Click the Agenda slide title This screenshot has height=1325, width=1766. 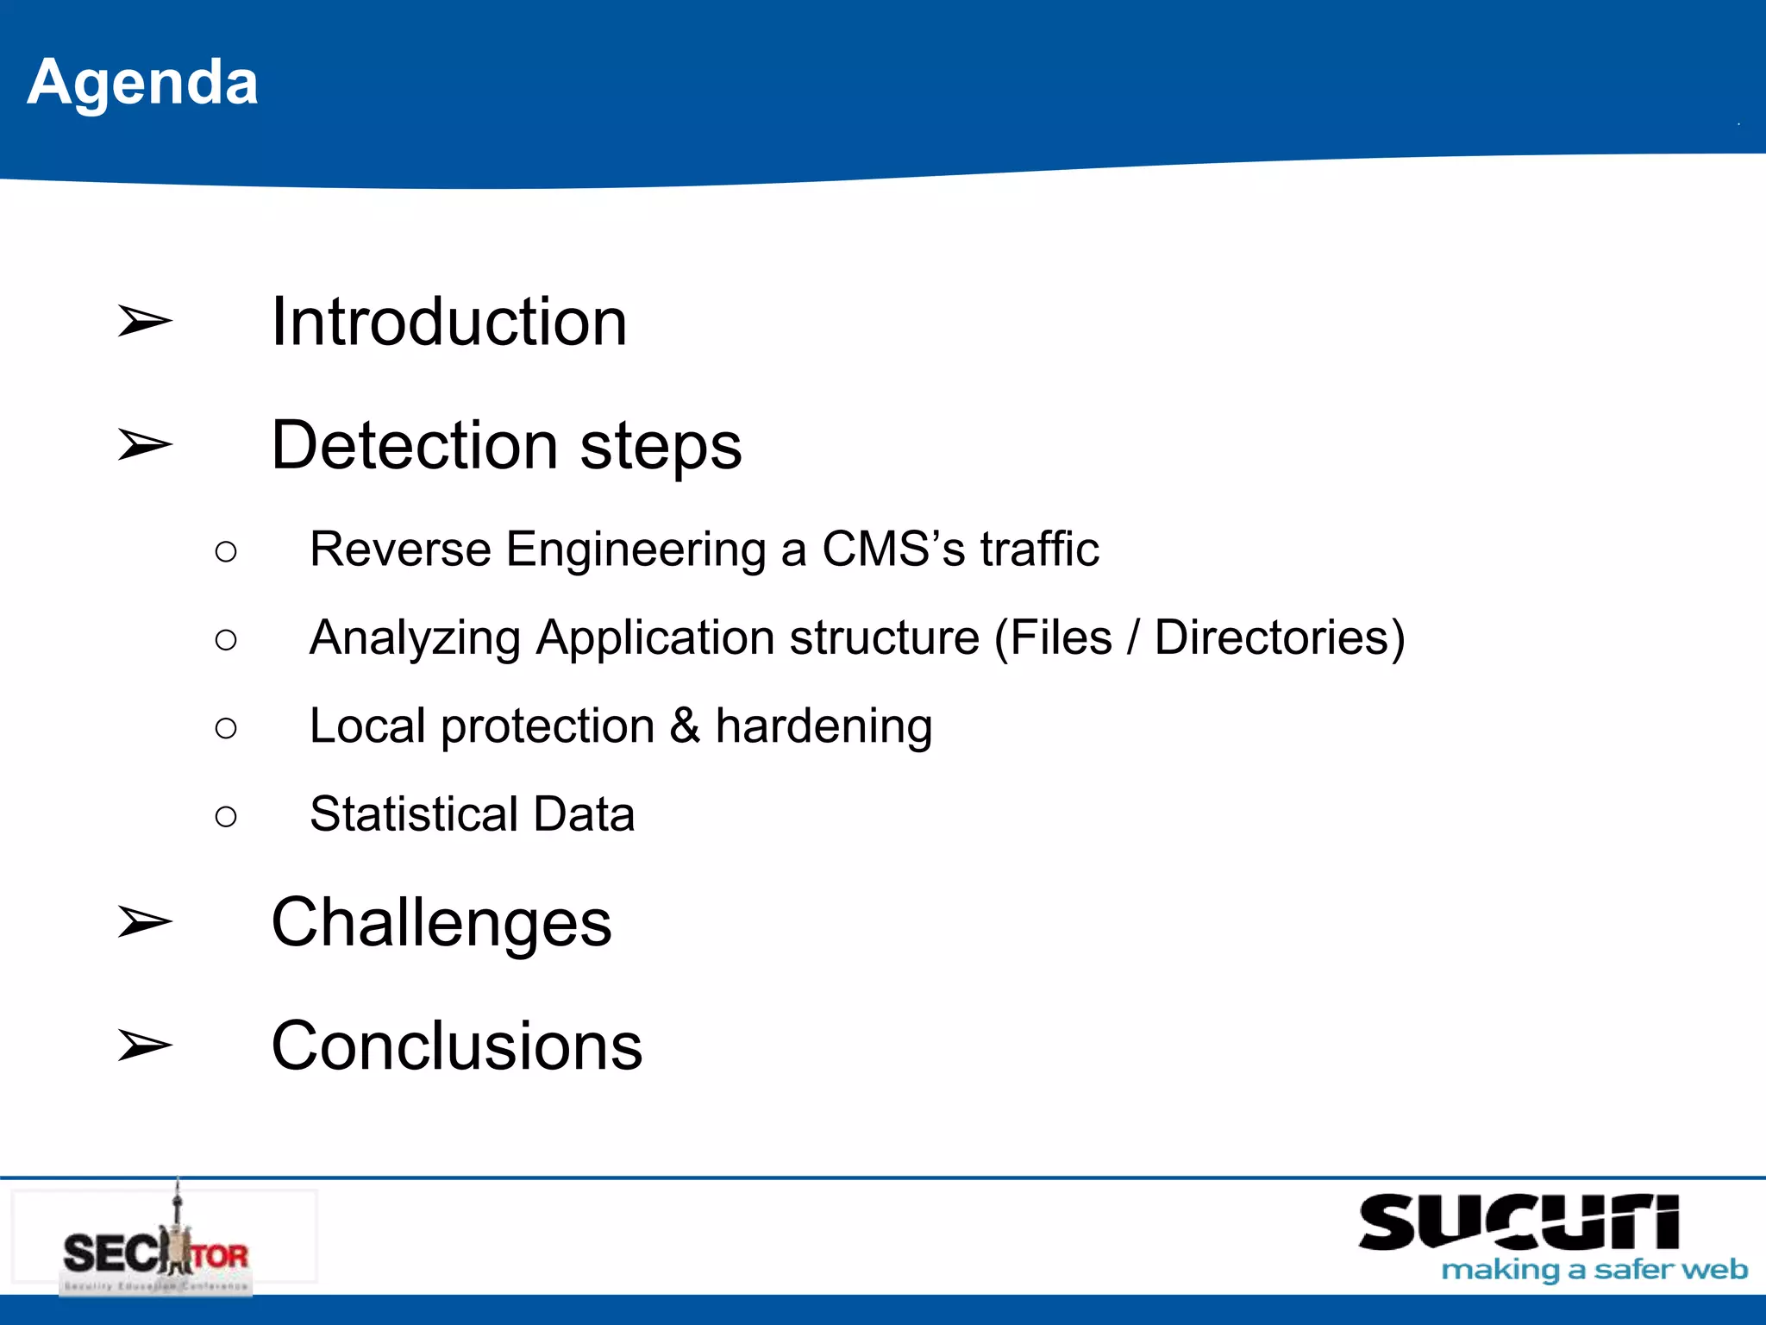[x=142, y=83]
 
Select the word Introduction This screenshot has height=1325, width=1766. [x=448, y=322]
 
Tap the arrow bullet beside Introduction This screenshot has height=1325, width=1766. [x=144, y=322]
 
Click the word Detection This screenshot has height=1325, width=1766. [x=415, y=445]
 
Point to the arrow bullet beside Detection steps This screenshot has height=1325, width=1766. [x=144, y=445]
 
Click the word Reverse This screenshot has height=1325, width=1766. [x=400, y=549]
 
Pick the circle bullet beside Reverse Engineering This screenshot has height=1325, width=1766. [x=226, y=552]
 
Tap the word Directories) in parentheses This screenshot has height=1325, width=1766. [x=1280, y=638]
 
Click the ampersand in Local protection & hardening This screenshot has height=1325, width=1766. [x=685, y=725]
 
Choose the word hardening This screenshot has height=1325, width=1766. [x=824, y=727]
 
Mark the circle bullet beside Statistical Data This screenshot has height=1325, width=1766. [x=226, y=817]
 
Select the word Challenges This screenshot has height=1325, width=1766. [x=441, y=923]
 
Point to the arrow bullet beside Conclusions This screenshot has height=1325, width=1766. [x=144, y=1046]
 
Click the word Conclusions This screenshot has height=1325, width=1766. [x=456, y=1046]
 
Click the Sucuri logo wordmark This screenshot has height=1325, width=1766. [x=1519, y=1222]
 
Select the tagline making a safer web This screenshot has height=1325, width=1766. [x=1594, y=1271]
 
